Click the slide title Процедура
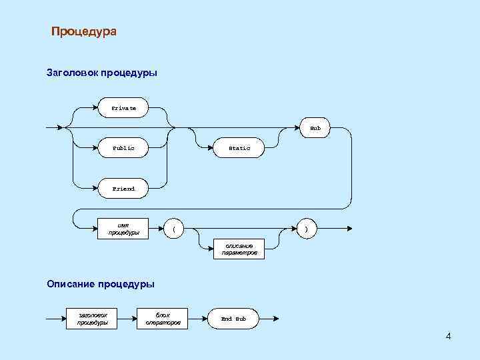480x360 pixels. pyautogui.click(x=83, y=31)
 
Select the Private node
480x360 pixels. pyautogui.click(x=123, y=107)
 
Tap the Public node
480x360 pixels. pyautogui.click(x=123, y=148)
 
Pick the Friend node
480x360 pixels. pyautogui.click(x=123, y=189)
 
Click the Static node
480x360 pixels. pyautogui.click(x=239, y=148)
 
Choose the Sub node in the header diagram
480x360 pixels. pyautogui.click(x=315, y=127)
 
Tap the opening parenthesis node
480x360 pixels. pyautogui.click(x=174, y=229)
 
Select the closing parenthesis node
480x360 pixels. pyautogui.click(x=306, y=229)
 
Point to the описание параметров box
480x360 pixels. pyautogui.click(x=239, y=250)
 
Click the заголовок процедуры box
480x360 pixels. pyautogui.click(x=93, y=319)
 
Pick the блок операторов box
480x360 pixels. pyautogui.click(x=163, y=319)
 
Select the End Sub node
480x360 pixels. pyautogui.click(x=233, y=319)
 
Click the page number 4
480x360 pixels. pyautogui.click(x=448, y=335)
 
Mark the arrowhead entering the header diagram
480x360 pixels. pyautogui.click(x=61, y=127)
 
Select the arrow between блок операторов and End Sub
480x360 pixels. pyautogui.click(x=198, y=319)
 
